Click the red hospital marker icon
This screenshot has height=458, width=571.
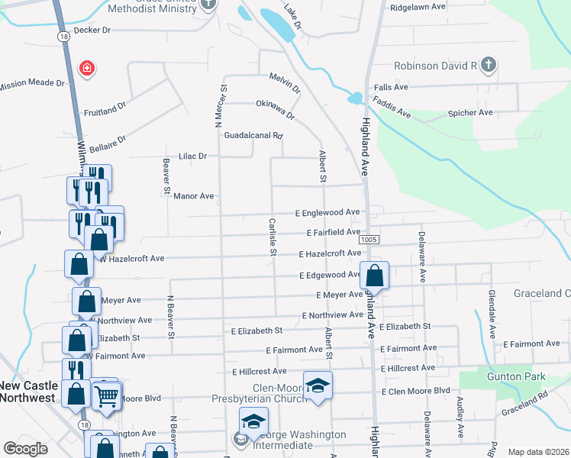(88, 69)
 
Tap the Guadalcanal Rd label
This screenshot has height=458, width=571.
(253, 136)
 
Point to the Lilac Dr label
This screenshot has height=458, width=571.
(192, 156)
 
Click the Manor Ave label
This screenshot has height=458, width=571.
(192, 196)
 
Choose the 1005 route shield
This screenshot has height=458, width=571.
(369, 240)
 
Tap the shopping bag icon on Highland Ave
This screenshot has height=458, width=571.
(375, 275)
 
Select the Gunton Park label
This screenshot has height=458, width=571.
(521, 377)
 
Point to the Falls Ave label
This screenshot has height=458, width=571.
(391, 88)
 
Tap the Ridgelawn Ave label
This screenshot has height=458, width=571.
(418, 6)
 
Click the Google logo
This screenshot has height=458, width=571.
(25, 448)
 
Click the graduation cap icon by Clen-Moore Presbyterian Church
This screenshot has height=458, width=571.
(318, 385)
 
